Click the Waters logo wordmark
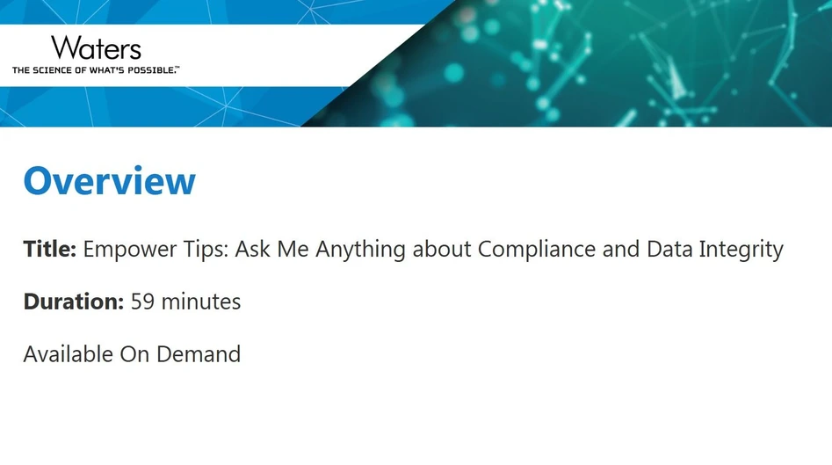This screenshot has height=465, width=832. point(96,47)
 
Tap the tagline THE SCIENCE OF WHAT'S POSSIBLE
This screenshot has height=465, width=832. point(95,69)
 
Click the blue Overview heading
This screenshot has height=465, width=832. point(110,181)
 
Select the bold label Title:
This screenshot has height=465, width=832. point(50,250)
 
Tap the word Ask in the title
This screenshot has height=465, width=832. point(253,250)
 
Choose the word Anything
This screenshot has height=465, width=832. point(361,251)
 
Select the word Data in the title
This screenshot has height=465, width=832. point(669,250)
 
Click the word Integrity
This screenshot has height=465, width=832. point(741,251)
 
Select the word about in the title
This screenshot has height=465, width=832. point(442,250)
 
